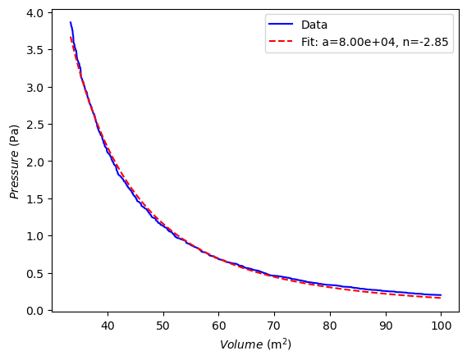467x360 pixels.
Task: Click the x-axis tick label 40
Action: click(108, 326)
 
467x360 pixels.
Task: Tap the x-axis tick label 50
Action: click(163, 326)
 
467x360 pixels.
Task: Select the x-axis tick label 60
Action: click(219, 326)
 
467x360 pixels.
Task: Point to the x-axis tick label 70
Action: click(274, 326)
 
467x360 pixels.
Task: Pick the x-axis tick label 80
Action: click(330, 326)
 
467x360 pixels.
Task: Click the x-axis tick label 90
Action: click(386, 326)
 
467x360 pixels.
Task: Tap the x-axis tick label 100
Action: click(441, 326)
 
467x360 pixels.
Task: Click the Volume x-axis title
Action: click(255, 344)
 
